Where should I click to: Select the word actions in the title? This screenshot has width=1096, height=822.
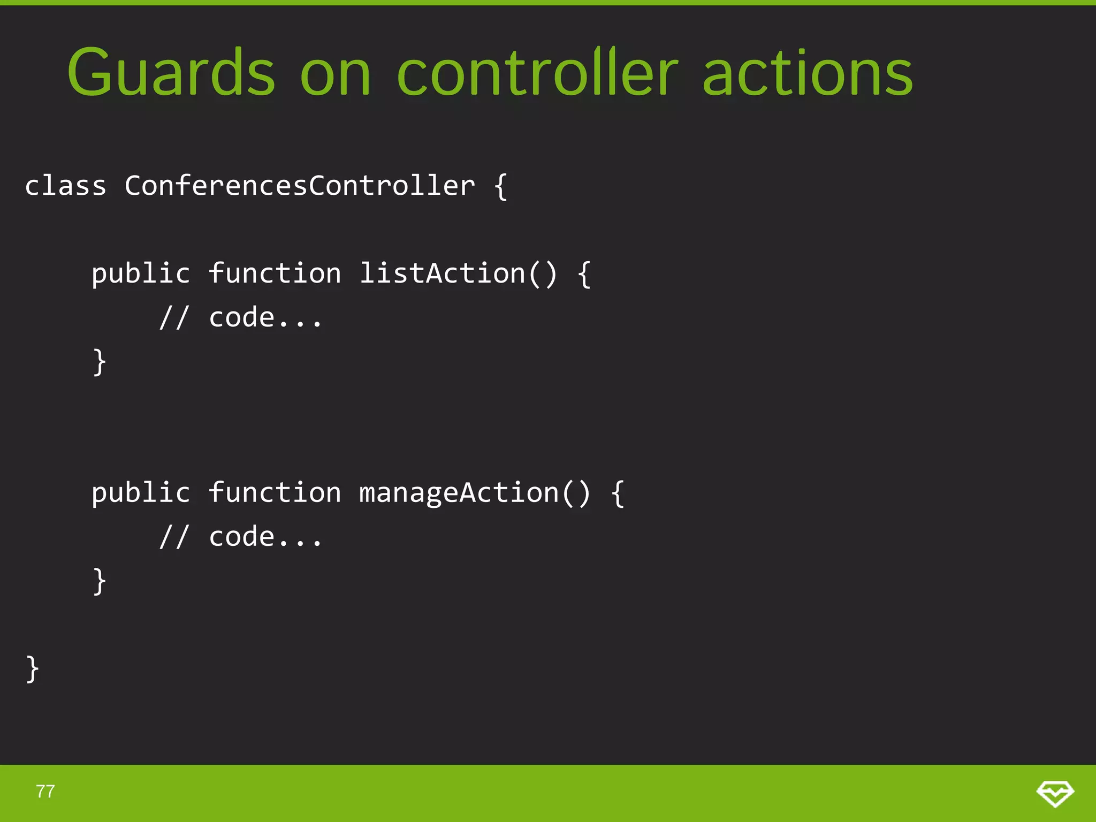click(x=807, y=74)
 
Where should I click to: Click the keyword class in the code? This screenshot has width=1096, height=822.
click(x=65, y=186)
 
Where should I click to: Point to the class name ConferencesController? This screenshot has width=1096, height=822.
click(x=300, y=186)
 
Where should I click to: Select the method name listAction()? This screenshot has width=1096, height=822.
click(x=458, y=273)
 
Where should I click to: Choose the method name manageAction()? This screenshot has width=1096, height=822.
click(x=475, y=493)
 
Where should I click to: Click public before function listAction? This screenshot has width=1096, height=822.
click(x=141, y=274)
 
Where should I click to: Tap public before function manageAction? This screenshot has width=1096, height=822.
click(x=141, y=493)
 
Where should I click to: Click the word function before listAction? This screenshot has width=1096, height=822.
click(x=275, y=273)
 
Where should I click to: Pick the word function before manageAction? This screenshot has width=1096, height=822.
click(x=275, y=493)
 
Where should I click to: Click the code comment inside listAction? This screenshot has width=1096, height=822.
click(x=241, y=318)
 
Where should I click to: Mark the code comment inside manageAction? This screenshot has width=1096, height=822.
click(x=241, y=537)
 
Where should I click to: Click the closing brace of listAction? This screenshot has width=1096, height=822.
click(x=100, y=362)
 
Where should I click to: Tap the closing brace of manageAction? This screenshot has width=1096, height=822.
click(x=100, y=581)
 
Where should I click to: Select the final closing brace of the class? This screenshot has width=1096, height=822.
click(x=33, y=669)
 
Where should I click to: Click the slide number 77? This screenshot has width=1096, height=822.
click(x=45, y=791)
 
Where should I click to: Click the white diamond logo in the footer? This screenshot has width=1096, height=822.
click(x=1055, y=793)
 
